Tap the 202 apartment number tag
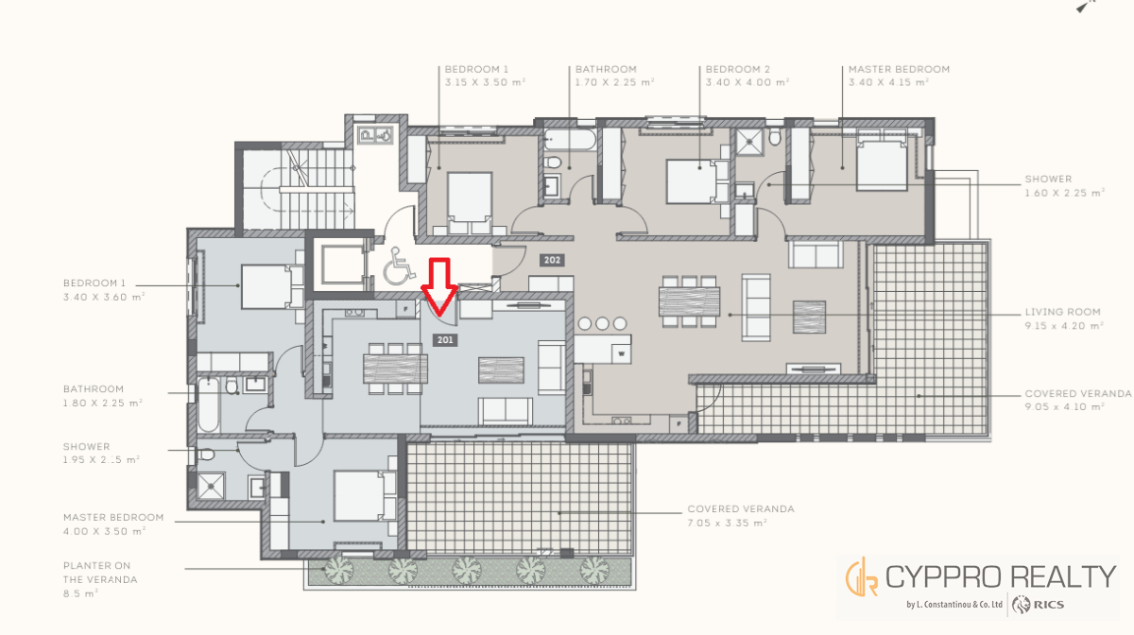coord(552,260)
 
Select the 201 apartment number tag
coord(445,340)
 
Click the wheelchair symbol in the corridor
coord(399,266)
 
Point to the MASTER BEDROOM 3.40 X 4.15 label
coord(899,76)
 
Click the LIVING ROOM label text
coord(1062,312)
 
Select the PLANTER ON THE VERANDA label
coord(100,579)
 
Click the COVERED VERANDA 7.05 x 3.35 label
coord(741,516)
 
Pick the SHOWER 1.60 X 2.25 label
coord(1064,186)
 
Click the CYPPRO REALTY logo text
coord(1001,577)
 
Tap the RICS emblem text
coord(1048,605)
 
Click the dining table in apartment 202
coord(689,301)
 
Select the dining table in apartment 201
coord(395,369)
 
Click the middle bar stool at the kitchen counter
coord(602,323)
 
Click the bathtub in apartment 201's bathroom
coord(208,404)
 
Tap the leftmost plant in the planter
coord(338,570)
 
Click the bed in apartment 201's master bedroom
coord(365,496)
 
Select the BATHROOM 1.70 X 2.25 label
coord(614,76)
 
